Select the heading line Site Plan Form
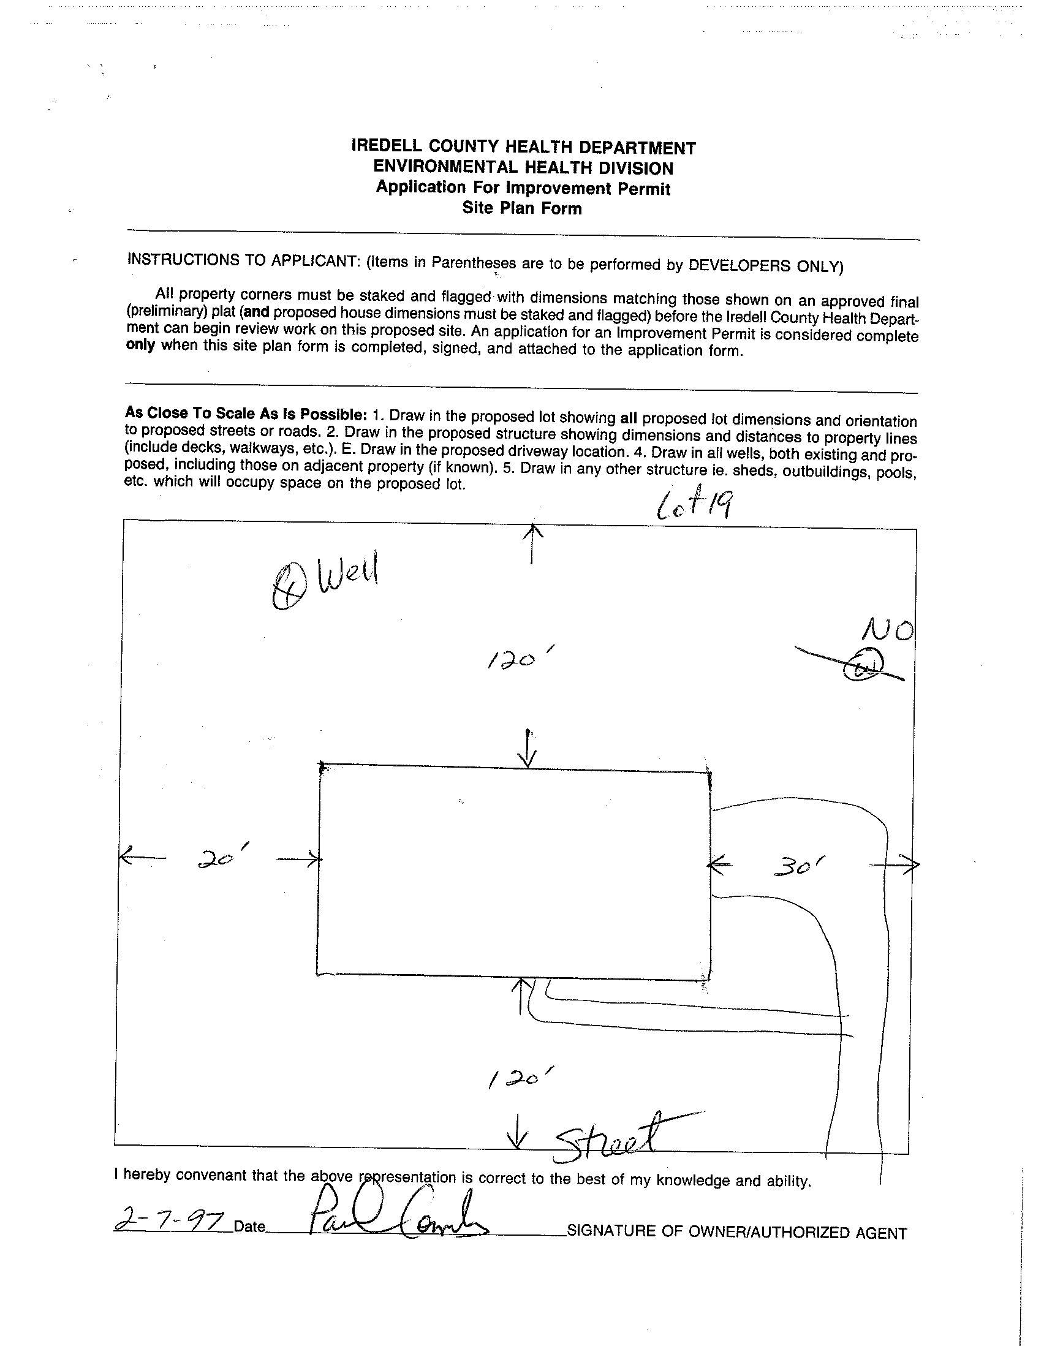click(521, 208)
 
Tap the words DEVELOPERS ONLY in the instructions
click(764, 266)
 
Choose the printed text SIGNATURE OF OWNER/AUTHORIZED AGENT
click(736, 1232)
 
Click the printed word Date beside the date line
click(249, 1227)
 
